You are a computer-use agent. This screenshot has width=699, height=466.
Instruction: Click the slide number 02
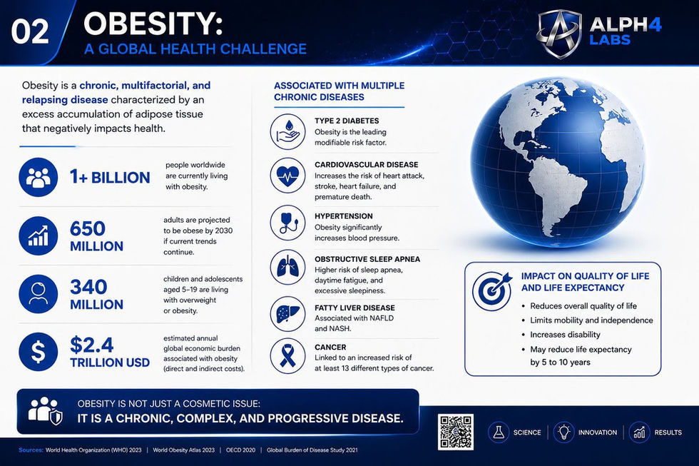[30, 31]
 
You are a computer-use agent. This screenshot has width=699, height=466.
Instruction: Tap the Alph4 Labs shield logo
[559, 34]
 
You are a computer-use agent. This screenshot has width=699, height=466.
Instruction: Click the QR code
[455, 432]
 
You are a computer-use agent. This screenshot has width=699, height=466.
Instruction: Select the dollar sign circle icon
[39, 351]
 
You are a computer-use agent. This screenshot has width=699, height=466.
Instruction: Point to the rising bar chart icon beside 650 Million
[39, 235]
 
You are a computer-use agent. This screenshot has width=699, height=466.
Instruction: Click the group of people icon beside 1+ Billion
[39, 177]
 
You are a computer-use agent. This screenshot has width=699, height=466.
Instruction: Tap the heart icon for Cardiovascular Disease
[287, 176]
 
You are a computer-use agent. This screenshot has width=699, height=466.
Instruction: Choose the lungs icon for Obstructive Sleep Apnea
[287, 267]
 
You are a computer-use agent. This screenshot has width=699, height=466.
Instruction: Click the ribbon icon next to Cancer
[287, 356]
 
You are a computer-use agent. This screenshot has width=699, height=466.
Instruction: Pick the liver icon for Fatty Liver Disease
[287, 313]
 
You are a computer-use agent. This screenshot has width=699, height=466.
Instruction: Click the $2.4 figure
[92, 345]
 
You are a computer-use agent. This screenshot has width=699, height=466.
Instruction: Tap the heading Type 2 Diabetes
[347, 121]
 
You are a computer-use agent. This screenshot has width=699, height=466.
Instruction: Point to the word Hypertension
[343, 216]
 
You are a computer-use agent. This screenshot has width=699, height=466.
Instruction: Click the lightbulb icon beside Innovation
[563, 432]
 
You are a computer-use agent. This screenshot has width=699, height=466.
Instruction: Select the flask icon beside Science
[499, 432]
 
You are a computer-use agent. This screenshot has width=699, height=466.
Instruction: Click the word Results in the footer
[668, 432]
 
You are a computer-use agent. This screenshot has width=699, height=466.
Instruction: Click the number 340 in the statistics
[88, 287]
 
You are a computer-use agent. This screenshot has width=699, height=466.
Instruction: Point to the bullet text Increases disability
[565, 335]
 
